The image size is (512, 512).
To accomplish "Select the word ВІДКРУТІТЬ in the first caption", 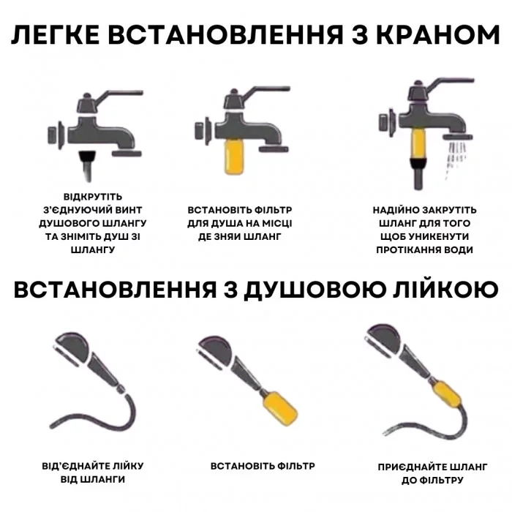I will coord(93,197).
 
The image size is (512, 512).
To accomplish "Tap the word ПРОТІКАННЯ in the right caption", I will coord(423,249).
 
